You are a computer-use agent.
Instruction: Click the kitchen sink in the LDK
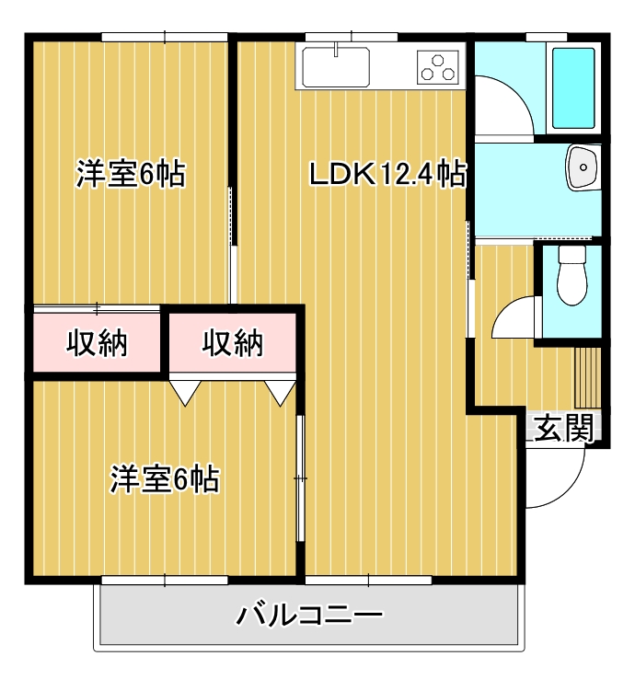point(336,64)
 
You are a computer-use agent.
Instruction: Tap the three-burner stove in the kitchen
point(437,67)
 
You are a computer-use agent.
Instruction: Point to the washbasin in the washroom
point(583,167)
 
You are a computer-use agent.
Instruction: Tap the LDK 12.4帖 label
point(386,174)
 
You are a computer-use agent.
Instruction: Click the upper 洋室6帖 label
point(130,173)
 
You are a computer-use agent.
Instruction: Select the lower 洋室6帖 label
point(165,479)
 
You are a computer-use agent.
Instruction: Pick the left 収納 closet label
point(98,343)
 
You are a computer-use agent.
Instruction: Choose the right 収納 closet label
point(233,343)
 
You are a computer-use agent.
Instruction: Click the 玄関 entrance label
point(563,429)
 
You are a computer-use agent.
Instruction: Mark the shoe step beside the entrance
point(586,377)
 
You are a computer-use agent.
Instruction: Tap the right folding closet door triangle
point(281,390)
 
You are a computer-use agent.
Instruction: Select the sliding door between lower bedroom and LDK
point(300,478)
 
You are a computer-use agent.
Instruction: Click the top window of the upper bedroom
point(165,37)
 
